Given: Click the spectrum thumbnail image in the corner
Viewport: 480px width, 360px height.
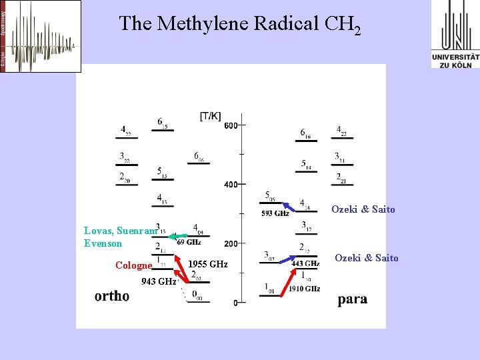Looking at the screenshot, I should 41,36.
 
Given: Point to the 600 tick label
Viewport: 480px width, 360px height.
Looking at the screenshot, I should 231,125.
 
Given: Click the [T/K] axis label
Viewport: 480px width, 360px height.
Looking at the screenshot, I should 210,116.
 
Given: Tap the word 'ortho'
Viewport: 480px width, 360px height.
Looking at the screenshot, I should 112,296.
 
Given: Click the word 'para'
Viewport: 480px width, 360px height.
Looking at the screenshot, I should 352,299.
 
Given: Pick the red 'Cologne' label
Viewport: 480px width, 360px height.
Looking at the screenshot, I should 133,265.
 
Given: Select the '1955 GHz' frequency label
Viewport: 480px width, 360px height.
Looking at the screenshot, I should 207,265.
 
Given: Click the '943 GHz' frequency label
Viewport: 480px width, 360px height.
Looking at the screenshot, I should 159,281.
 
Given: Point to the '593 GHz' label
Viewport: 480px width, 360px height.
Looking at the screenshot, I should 275,213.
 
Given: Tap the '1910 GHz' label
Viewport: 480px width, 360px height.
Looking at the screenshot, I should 304,289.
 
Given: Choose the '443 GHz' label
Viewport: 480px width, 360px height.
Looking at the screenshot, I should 305,264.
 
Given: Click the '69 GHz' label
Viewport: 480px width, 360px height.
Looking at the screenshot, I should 189,242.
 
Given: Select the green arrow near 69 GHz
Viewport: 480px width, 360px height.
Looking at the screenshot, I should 177,236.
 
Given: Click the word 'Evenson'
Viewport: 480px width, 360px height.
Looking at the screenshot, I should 103,243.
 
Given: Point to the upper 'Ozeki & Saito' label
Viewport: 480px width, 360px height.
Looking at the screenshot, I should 363,209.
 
